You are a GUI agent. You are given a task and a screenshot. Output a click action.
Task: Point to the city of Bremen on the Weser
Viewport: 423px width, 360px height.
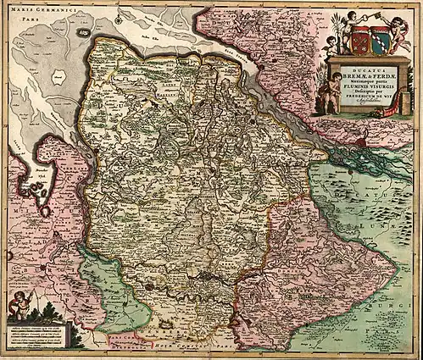tap(209, 275)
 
